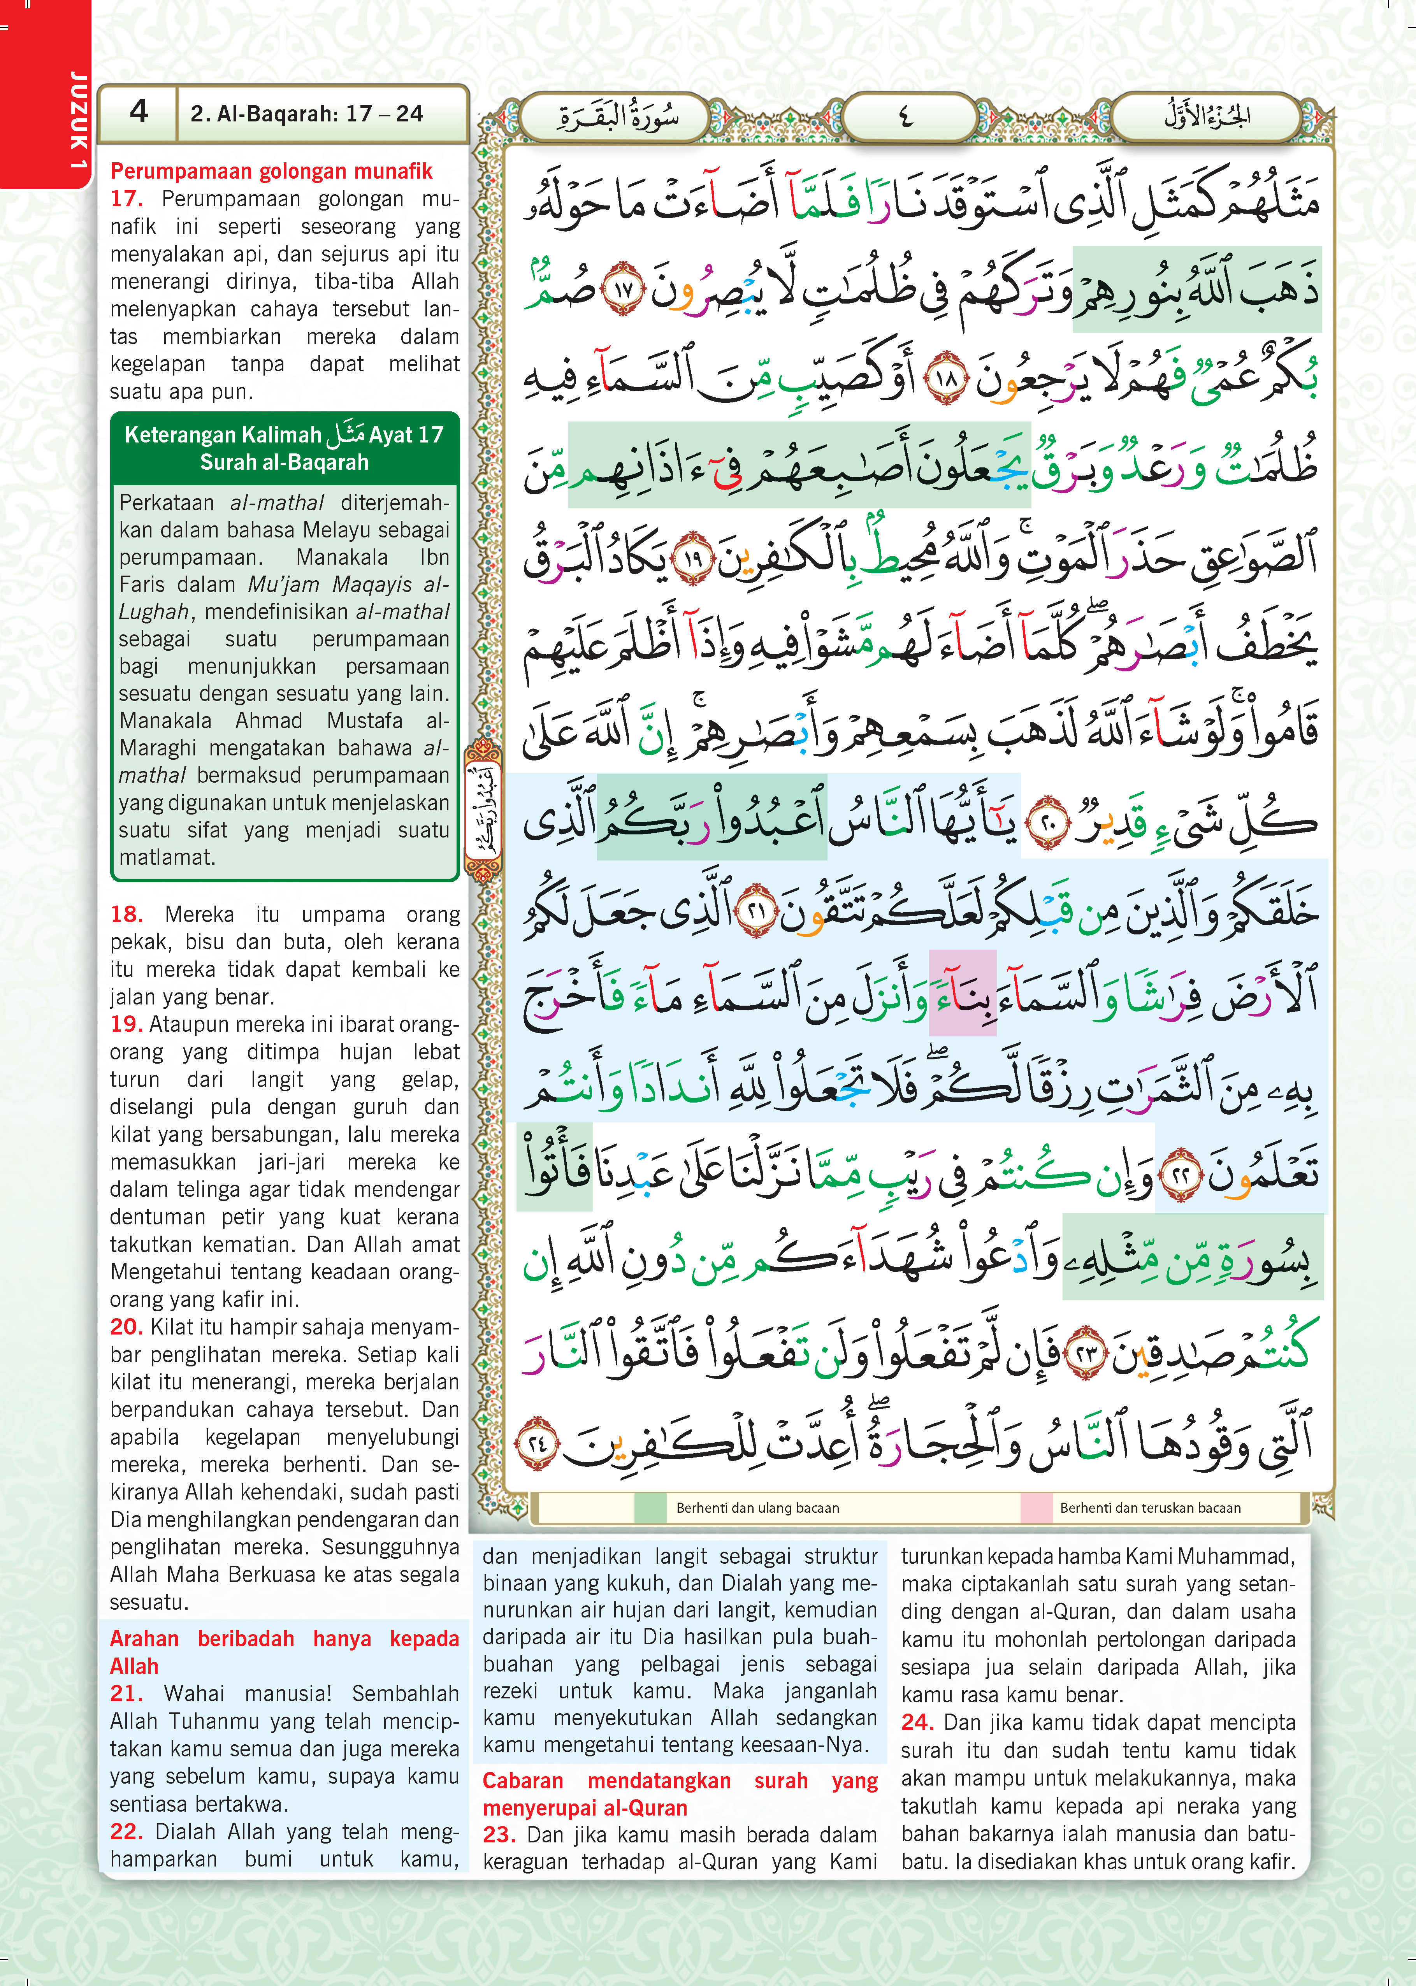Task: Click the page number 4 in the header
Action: coord(139,112)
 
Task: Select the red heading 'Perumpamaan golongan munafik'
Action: coord(271,171)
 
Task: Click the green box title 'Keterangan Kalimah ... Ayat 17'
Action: coord(284,447)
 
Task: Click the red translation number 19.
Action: coord(126,1024)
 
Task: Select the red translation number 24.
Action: coord(917,1722)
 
